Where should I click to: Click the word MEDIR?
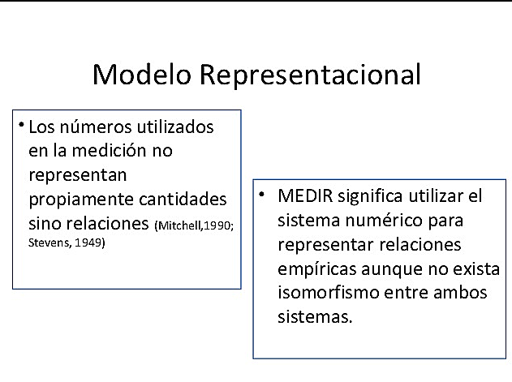coord(303,196)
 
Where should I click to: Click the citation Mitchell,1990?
coord(193,225)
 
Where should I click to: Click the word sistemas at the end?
coord(315,316)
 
